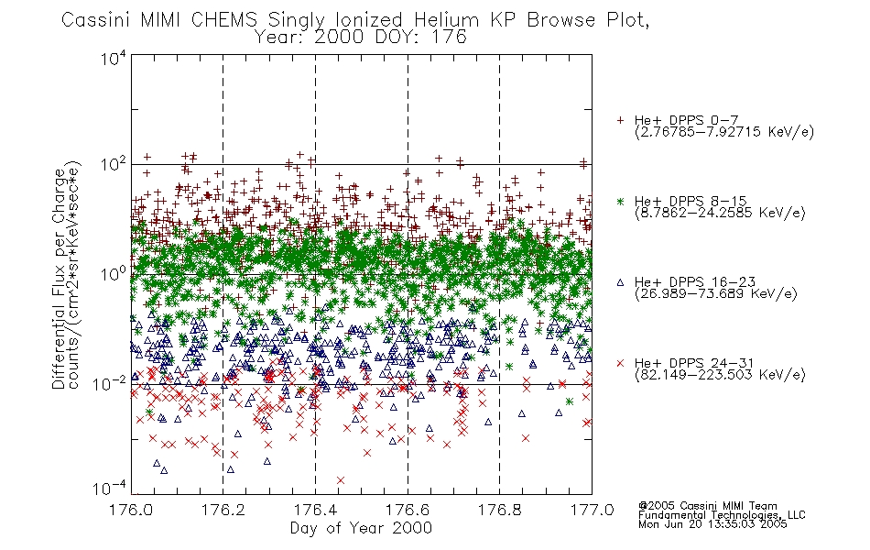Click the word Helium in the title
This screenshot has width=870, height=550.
[x=446, y=20]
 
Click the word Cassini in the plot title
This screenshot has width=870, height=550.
[x=96, y=20]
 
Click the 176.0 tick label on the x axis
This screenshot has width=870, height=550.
[x=131, y=510]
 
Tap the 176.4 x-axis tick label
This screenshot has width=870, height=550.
[x=315, y=510]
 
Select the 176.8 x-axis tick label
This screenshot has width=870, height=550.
[x=499, y=510]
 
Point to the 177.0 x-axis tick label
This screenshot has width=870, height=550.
[x=592, y=510]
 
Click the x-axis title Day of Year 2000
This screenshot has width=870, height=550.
[x=361, y=528]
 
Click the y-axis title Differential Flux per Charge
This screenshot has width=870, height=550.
[x=59, y=279]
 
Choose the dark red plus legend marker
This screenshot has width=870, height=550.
[x=620, y=120]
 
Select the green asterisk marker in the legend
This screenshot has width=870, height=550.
[x=620, y=201]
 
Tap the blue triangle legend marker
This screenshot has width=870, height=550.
[x=620, y=282]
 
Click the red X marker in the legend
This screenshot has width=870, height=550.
[x=620, y=363]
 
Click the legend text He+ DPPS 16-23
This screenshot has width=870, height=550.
[x=695, y=282]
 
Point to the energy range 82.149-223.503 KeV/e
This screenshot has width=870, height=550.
[x=720, y=375]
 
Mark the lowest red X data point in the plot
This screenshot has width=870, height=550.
[x=341, y=480]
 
